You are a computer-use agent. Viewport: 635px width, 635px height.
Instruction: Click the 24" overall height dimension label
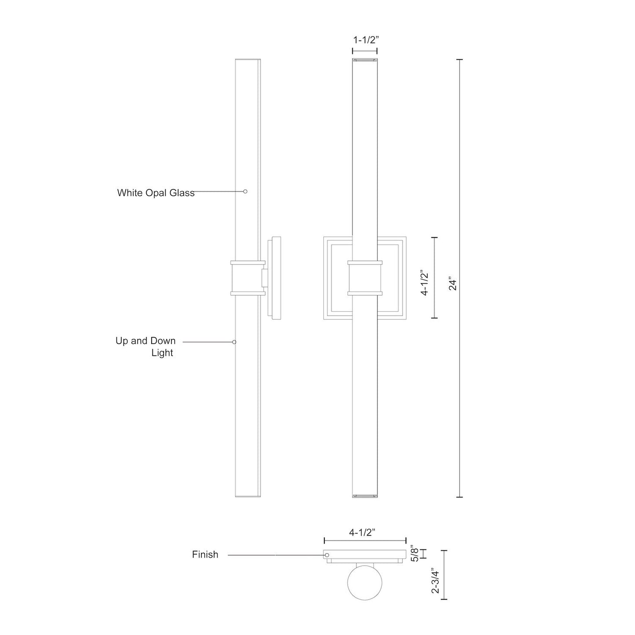(x=453, y=283)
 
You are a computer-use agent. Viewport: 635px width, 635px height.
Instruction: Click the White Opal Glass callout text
(x=156, y=193)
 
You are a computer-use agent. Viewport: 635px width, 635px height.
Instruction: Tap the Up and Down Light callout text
(x=145, y=347)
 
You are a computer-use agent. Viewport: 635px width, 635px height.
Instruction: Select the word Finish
(x=205, y=555)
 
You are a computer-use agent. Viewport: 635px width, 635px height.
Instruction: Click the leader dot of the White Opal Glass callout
(x=245, y=192)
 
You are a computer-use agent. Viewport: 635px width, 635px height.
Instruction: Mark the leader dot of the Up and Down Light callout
(x=234, y=342)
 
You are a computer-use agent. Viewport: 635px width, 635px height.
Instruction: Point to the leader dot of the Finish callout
(x=327, y=555)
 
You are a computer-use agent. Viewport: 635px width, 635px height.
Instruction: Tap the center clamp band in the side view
(x=248, y=278)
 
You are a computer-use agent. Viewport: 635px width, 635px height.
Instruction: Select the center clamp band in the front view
(x=365, y=278)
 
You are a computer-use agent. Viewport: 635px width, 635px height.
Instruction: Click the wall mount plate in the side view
(x=276, y=278)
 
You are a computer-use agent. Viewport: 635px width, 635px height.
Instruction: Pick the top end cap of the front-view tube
(x=365, y=59)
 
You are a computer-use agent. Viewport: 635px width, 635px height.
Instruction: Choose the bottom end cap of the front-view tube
(x=365, y=496)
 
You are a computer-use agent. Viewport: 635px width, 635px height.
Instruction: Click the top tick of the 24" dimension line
(x=460, y=59)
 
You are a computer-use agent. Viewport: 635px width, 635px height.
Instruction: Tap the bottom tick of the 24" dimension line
(x=460, y=497)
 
